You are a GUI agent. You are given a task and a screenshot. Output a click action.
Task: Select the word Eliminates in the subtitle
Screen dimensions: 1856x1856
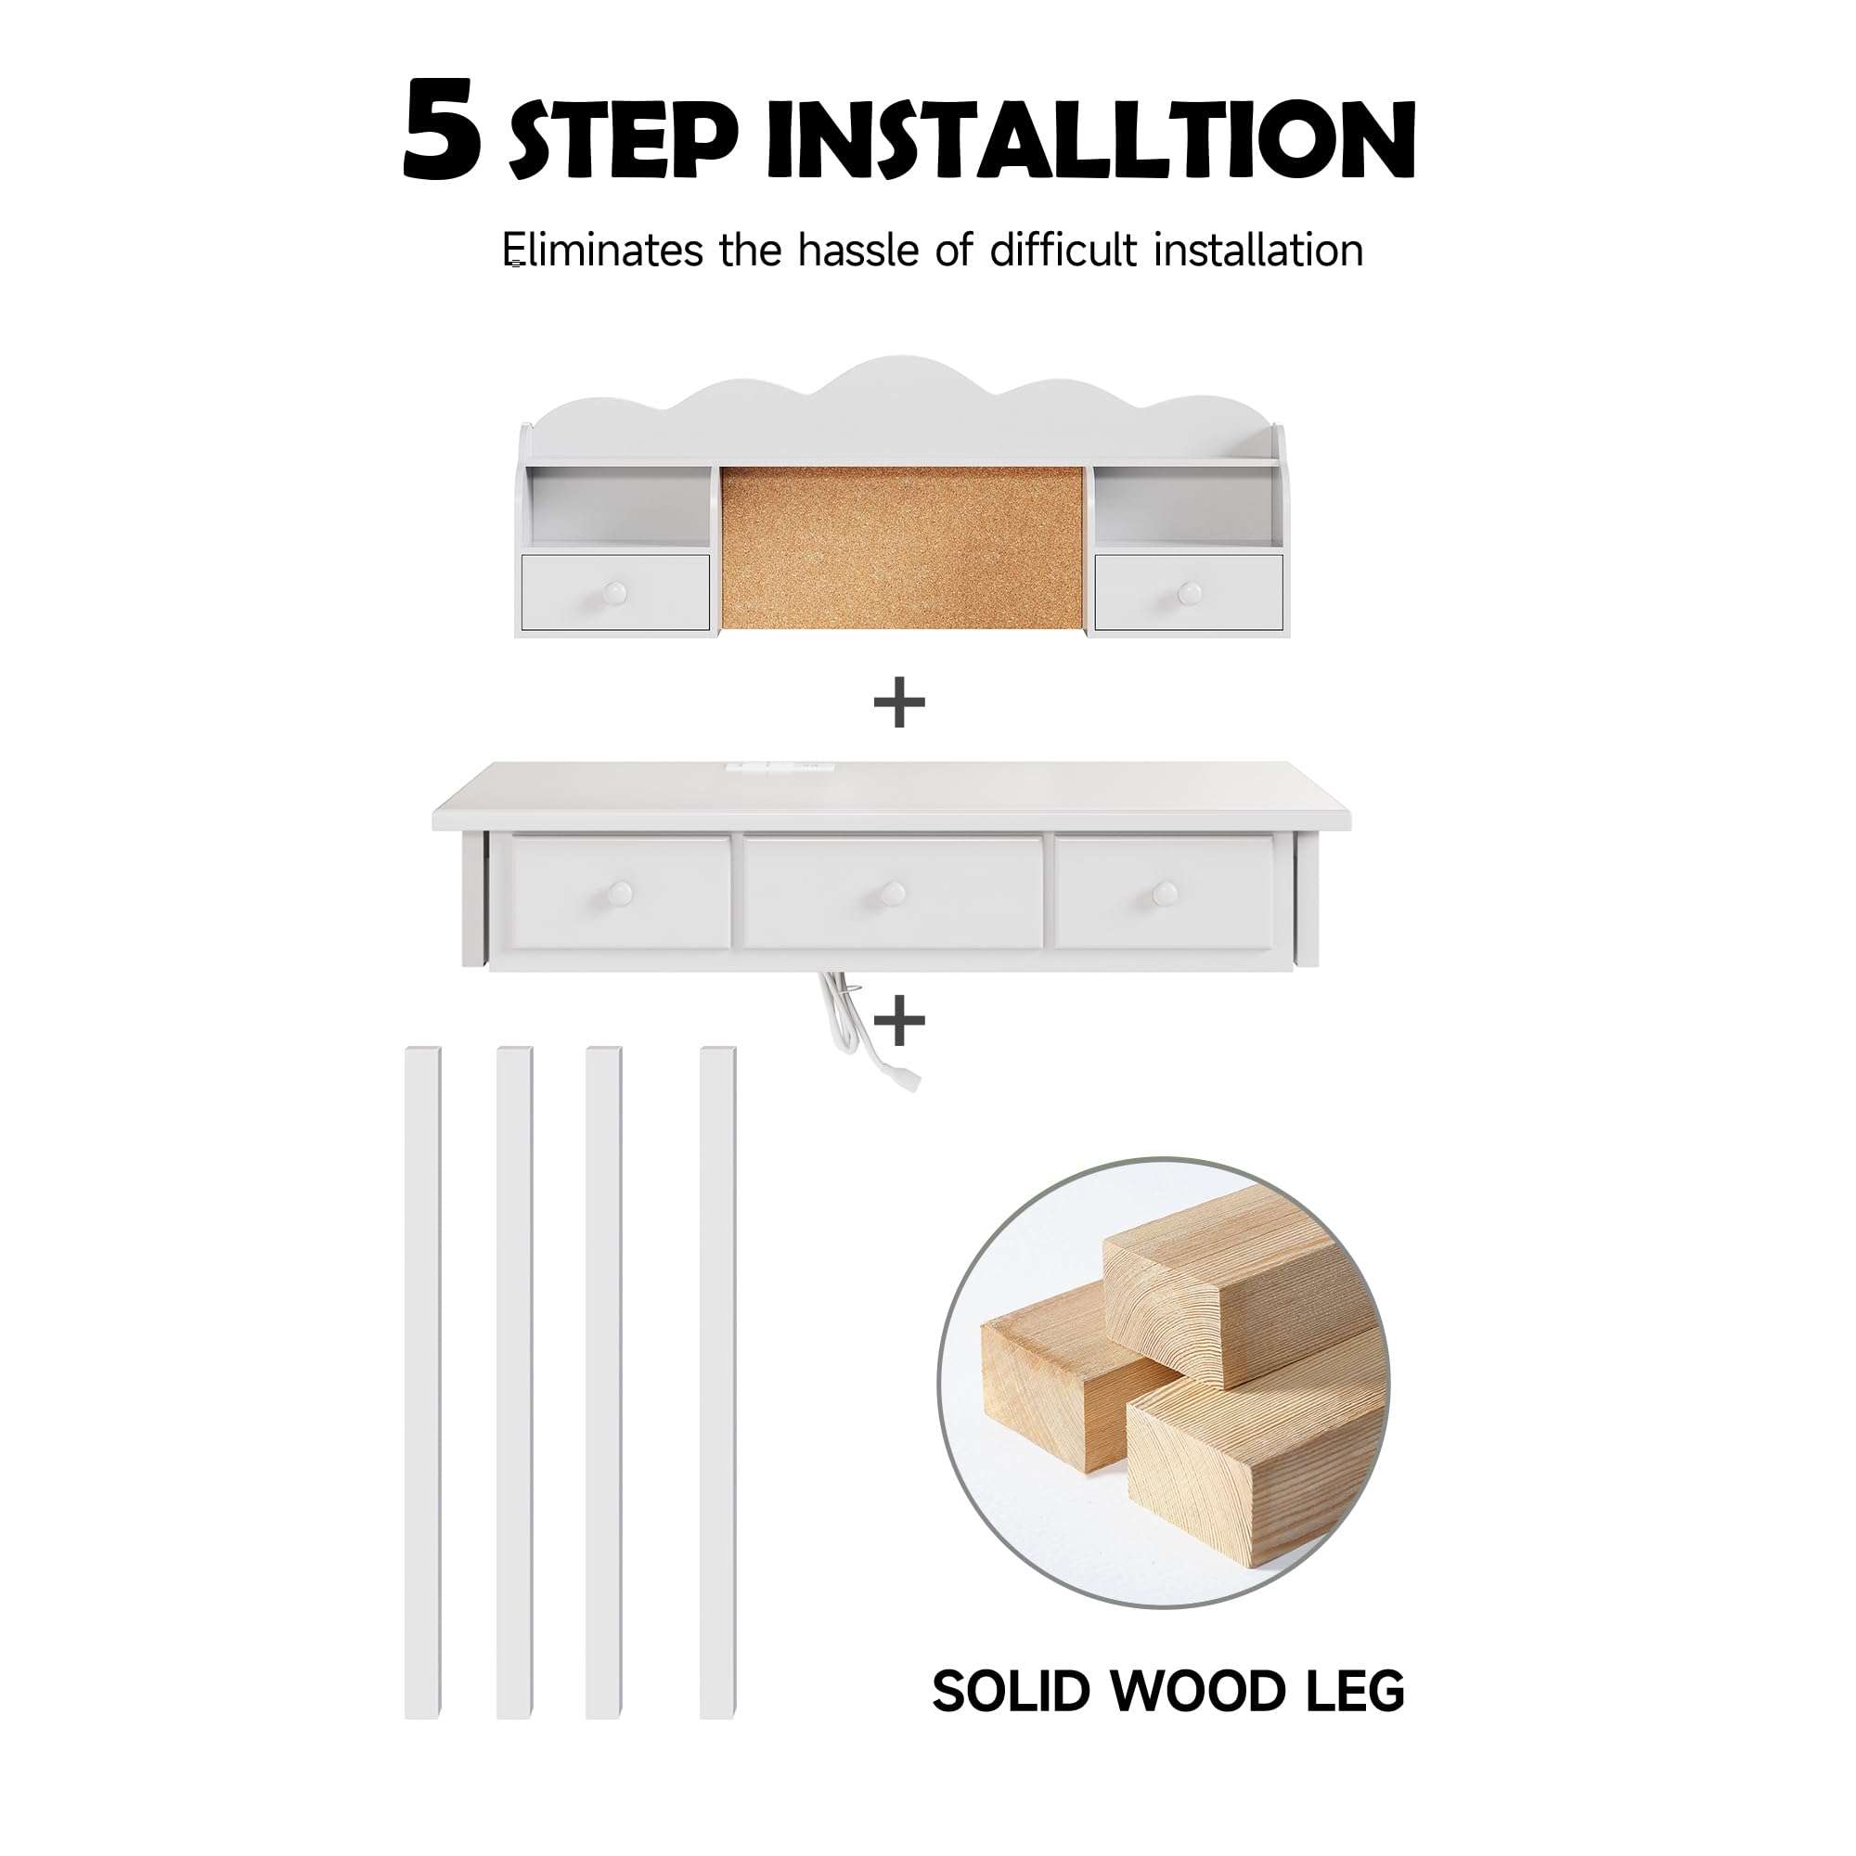coord(603,251)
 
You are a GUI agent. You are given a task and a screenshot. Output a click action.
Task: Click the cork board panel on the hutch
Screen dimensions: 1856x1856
coord(901,548)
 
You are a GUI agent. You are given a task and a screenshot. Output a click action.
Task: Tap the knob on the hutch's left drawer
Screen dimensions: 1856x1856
coord(615,593)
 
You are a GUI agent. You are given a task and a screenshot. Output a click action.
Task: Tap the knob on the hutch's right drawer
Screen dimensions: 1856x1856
coord(1190,593)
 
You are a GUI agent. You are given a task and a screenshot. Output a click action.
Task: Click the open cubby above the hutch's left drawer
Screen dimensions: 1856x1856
coord(619,510)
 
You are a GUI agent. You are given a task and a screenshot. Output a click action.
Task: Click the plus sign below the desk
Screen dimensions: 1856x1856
coord(900,1021)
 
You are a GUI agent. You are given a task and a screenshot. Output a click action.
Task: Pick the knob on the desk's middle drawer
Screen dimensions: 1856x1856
coord(893,894)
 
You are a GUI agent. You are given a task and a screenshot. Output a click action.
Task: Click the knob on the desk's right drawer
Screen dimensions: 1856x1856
coord(1165,894)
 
